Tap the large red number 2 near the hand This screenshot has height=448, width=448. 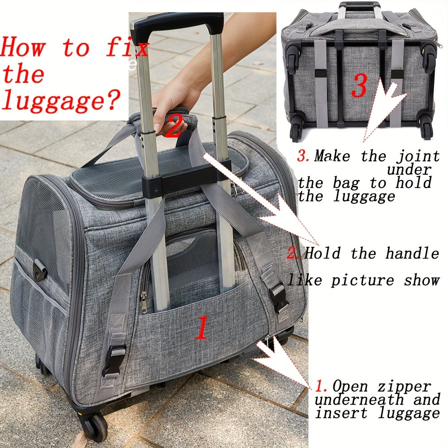(174, 125)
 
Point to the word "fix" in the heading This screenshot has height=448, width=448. (127, 47)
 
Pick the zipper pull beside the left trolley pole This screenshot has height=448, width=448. (143, 302)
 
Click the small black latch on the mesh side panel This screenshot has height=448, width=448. (40, 270)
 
